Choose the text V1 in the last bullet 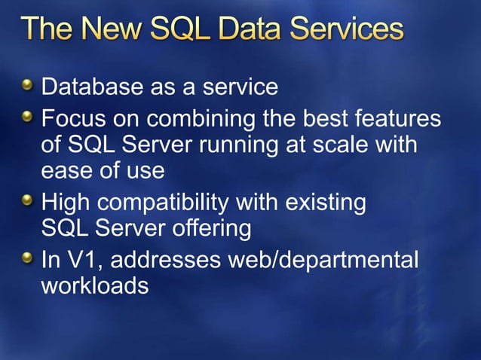tap(83, 260)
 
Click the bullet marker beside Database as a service tap(28, 87)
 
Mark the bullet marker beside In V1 tap(28, 259)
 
